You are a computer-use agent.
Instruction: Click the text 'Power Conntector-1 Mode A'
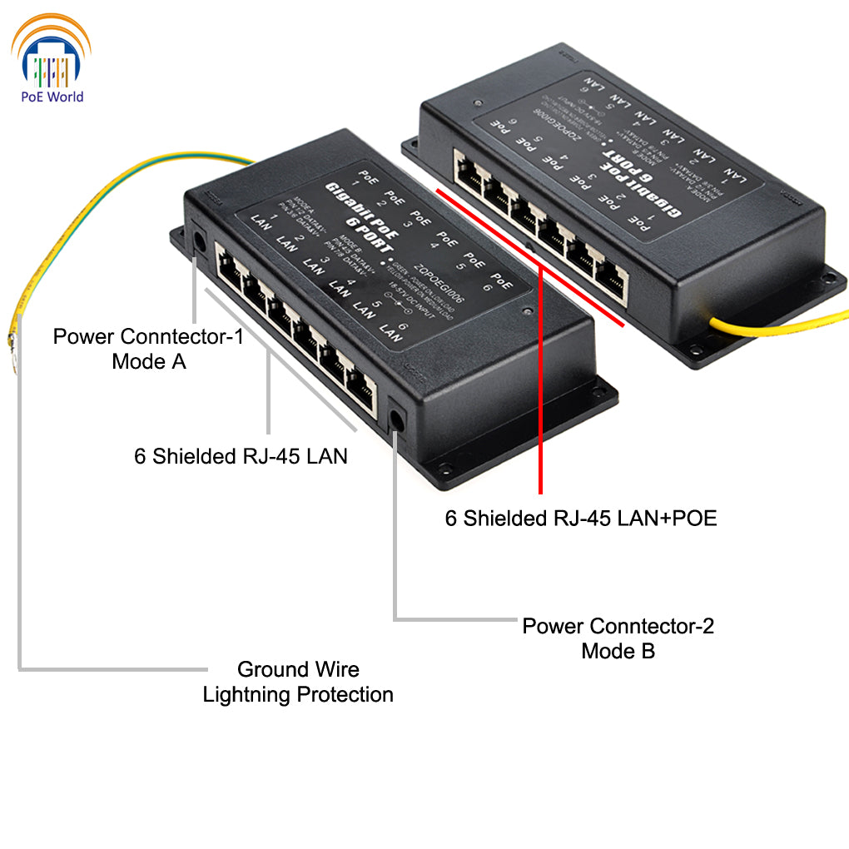point(148,349)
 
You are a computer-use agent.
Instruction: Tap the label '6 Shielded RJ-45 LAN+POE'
point(581,519)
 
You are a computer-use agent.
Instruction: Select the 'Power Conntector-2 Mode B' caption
point(618,638)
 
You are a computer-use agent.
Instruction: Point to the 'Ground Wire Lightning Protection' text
point(298,682)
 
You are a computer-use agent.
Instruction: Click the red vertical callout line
point(541,375)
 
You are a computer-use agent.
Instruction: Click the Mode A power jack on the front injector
point(200,241)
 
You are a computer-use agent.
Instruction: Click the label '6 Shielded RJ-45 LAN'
point(241,456)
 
